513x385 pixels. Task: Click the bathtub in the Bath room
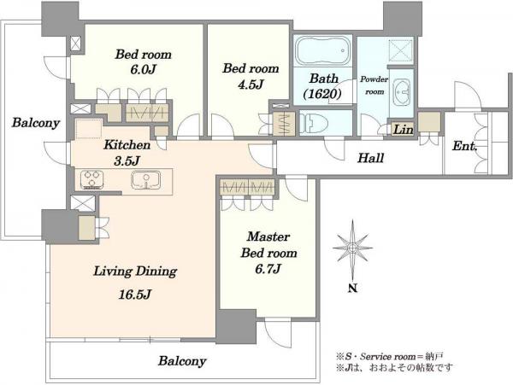coord(322,51)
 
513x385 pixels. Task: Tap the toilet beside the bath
coord(314,123)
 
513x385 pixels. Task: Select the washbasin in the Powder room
coord(402,93)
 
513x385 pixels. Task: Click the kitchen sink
coord(146,180)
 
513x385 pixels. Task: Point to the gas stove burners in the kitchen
coord(92,180)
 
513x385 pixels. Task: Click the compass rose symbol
coord(352,248)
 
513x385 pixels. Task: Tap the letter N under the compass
coord(352,289)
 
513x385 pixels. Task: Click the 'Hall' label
coord(370,159)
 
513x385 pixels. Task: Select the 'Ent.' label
coord(464,146)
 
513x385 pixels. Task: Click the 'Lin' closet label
coord(403,130)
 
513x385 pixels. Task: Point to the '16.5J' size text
coord(135,295)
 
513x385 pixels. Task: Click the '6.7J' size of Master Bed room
coord(268,269)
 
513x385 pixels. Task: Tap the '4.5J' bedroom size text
coord(251,85)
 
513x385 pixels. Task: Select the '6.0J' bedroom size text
coord(143,70)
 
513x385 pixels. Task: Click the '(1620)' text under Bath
coord(322,95)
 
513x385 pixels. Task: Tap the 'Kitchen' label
coord(127,144)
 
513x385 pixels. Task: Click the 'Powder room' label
coord(374,85)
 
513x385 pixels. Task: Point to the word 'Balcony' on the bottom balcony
coord(182,361)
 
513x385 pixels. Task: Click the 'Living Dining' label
coord(135,271)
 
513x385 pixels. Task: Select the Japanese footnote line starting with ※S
coord(389,356)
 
